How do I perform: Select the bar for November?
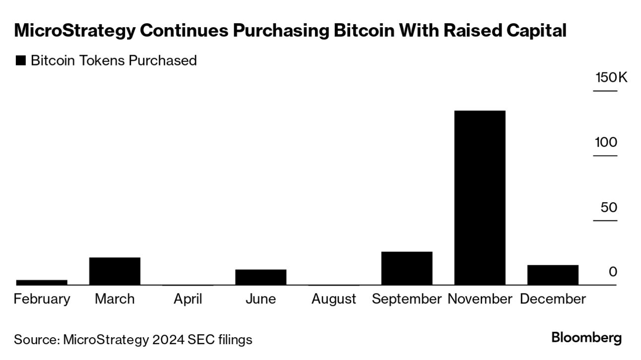(480, 197)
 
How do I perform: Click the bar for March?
(115, 271)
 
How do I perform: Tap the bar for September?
(407, 268)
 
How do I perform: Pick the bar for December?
(553, 275)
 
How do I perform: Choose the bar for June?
(260, 277)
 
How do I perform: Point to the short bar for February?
(42, 282)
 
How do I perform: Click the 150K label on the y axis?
(611, 78)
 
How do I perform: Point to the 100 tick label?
(606, 142)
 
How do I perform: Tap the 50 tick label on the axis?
(609, 207)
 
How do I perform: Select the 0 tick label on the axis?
(613, 272)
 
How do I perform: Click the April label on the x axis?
(188, 299)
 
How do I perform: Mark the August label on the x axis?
(333, 299)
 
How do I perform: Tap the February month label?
(42, 299)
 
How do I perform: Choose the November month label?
(480, 299)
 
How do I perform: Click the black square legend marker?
(21, 61)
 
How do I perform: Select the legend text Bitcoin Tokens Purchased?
(114, 60)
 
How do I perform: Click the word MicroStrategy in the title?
(74, 31)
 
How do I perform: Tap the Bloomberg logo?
(586, 338)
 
